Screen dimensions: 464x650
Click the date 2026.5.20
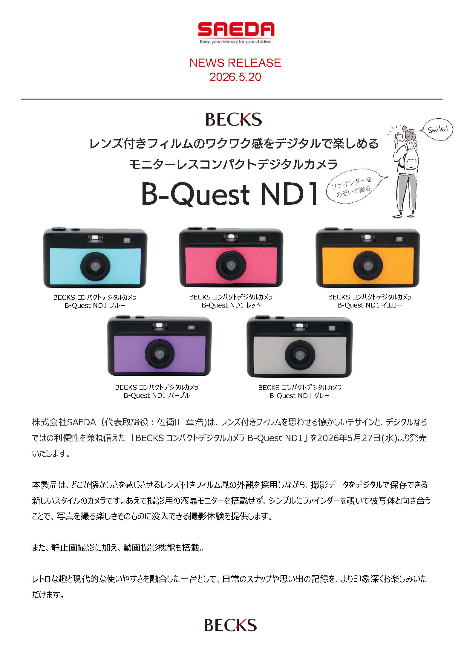[x=235, y=77]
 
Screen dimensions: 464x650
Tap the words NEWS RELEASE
[x=235, y=63]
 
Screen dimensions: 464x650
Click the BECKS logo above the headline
[x=233, y=119]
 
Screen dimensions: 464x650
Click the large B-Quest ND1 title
[x=229, y=195]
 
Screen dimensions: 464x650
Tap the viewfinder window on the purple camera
[x=159, y=327]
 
